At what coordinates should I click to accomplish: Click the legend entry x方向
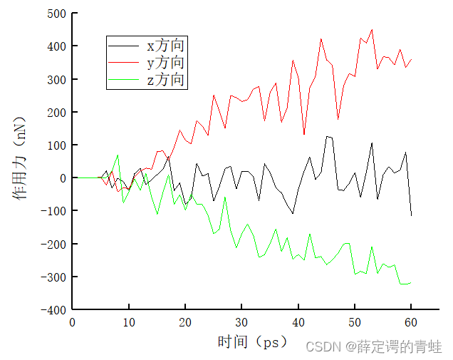[x=165, y=46]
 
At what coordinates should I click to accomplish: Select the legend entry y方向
[x=165, y=63]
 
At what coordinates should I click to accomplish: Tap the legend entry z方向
[x=165, y=80]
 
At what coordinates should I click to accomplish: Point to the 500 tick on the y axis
[x=56, y=14]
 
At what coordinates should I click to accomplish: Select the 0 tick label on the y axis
[x=63, y=178]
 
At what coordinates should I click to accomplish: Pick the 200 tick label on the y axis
[x=56, y=112]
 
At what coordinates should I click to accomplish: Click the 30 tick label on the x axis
[x=241, y=322]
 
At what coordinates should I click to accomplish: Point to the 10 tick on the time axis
[x=129, y=322]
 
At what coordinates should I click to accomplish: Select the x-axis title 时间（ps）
[x=253, y=342]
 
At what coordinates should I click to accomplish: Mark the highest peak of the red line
[x=372, y=30]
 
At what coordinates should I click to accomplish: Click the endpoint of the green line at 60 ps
[x=411, y=282]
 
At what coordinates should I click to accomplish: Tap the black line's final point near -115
[x=411, y=215]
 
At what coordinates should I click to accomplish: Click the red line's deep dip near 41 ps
[x=304, y=134]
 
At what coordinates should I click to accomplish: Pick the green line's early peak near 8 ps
[x=118, y=155]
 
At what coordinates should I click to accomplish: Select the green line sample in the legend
[x=123, y=81]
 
